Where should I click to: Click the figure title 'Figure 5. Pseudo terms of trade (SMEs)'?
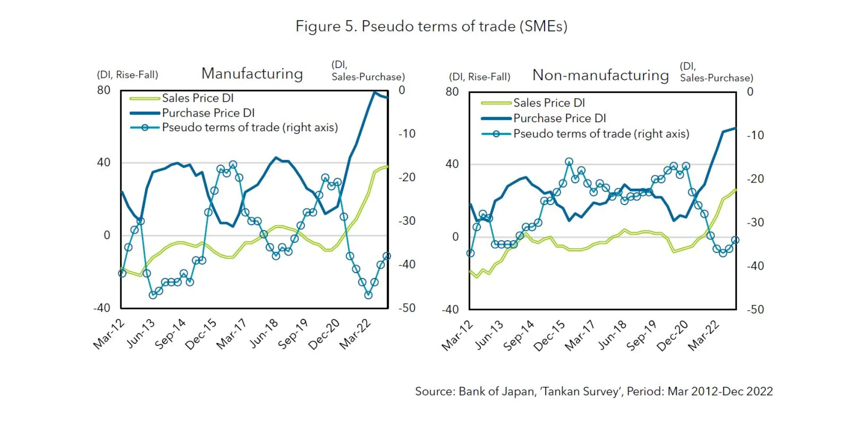(x=431, y=26)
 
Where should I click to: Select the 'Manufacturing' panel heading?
(x=252, y=73)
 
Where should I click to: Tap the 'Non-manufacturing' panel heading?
(x=600, y=75)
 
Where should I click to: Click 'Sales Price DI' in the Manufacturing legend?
(x=197, y=98)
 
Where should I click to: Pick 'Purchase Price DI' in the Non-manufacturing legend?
(x=559, y=118)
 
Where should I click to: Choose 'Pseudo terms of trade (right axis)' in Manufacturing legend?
(x=250, y=127)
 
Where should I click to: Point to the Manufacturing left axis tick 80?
(x=104, y=90)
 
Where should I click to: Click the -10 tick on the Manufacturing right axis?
(x=407, y=134)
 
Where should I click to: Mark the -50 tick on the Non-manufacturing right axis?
(x=755, y=309)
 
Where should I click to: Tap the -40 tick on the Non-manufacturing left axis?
(x=450, y=309)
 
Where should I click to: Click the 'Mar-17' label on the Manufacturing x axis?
(x=232, y=334)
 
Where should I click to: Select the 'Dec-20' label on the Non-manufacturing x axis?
(x=672, y=336)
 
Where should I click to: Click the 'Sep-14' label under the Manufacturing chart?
(x=170, y=334)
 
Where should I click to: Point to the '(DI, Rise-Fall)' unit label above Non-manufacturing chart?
(x=479, y=77)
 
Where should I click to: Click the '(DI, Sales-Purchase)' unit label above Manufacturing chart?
(x=368, y=71)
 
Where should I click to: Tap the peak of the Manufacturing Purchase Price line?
(x=374, y=92)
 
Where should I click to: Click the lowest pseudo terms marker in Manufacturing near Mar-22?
(x=369, y=295)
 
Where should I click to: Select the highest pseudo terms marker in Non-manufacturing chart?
(x=569, y=162)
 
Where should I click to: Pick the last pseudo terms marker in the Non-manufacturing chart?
(x=735, y=241)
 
